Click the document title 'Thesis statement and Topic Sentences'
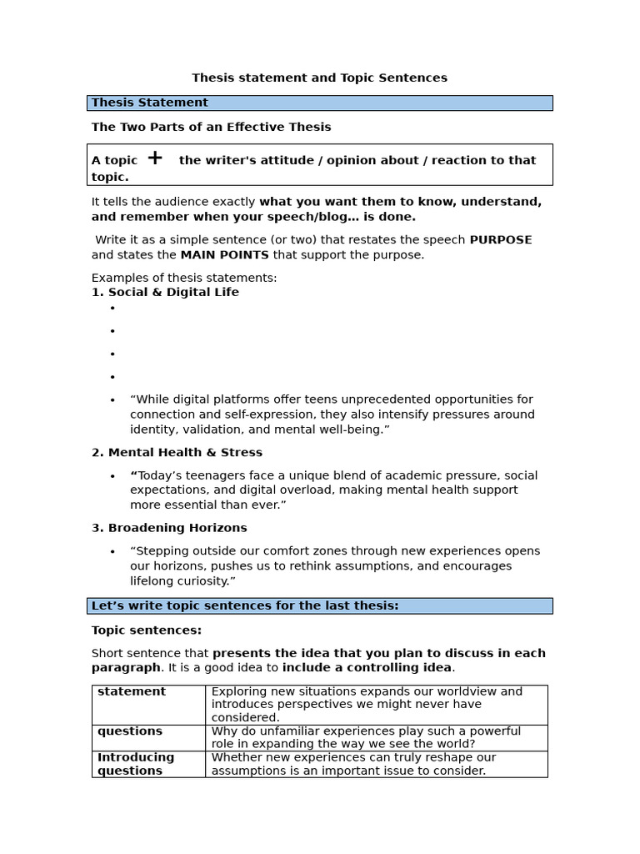pyautogui.click(x=319, y=78)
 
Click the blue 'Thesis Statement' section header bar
pyautogui.click(x=319, y=103)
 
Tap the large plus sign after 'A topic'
pyautogui.click(x=155, y=158)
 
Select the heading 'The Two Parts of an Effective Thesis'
pyautogui.click(x=211, y=127)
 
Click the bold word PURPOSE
pyautogui.click(x=500, y=240)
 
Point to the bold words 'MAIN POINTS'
pyautogui.click(x=224, y=255)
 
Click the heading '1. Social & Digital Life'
pyautogui.click(x=165, y=293)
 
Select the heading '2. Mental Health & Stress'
pyautogui.click(x=177, y=453)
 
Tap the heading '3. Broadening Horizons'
pyautogui.click(x=169, y=528)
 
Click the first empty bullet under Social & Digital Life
pyautogui.click(x=112, y=309)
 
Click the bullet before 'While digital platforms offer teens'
pyautogui.click(x=112, y=400)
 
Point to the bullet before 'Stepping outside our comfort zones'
pyautogui.click(x=112, y=552)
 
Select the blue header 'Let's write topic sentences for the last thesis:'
pyautogui.click(x=319, y=605)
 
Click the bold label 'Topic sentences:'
pyautogui.click(x=147, y=630)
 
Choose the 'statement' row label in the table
pyautogui.click(x=132, y=691)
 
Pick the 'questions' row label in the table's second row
pyautogui.click(x=130, y=731)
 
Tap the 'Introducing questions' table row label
pyautogui.click(x=136, y=764)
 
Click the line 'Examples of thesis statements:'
pyautogui.click(x=184, y=278)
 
